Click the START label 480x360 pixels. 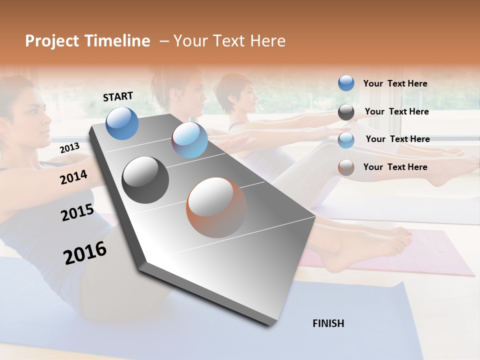(118, 96)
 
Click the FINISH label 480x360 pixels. (328, 323)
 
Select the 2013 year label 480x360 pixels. (69, 148)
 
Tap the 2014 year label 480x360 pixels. (73, 177)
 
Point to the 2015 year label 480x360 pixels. (77, 212)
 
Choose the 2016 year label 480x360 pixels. (85, 252)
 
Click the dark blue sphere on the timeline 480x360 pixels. (122, 123)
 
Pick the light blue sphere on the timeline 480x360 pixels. (189, 140)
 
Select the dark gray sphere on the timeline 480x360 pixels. (145, 180)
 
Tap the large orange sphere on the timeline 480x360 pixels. (216, 207)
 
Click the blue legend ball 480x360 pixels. (346, 83)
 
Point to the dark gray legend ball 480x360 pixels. (346, 112)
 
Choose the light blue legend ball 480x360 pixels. (346, 140)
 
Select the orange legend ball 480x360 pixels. (346, 167)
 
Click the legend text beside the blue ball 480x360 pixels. (395, 83)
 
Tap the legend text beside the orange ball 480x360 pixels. (395, 167)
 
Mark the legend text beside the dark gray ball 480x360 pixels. (396, 111)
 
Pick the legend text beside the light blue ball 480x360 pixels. (397, 139)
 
